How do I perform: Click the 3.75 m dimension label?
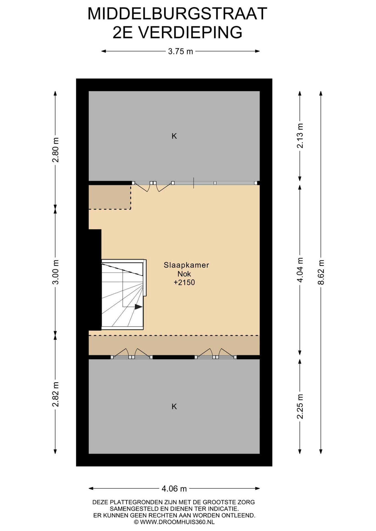180,51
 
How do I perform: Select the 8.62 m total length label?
321,272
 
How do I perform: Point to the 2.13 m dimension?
300,136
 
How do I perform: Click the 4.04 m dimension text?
300,270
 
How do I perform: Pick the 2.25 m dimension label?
300,406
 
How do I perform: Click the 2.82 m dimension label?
55,394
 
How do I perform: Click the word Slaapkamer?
186,265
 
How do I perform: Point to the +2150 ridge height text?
184,282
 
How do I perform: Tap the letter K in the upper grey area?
174,136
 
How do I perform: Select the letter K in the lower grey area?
174,407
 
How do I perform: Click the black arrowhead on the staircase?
138,307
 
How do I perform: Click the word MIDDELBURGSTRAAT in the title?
177,14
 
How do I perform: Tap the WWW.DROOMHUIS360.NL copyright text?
177,522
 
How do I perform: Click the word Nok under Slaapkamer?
184,274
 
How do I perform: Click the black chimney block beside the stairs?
95,280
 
